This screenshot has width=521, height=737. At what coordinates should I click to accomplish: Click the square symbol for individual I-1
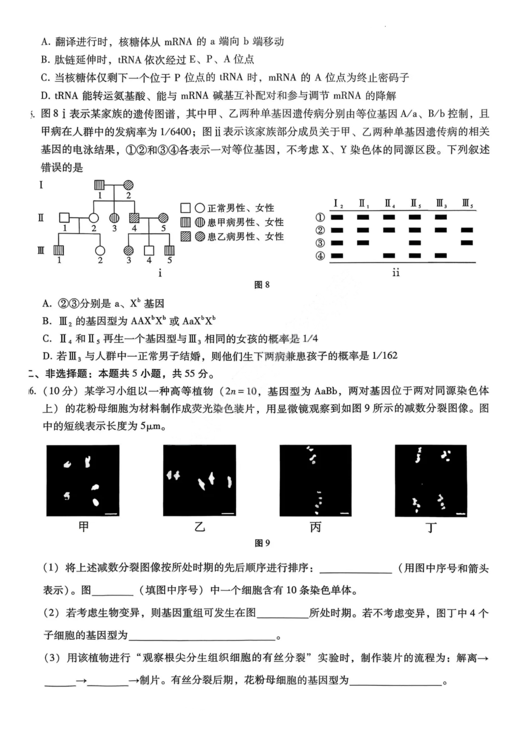99,185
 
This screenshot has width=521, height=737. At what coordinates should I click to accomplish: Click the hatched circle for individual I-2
129,185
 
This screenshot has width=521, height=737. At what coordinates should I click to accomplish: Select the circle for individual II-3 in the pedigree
114,218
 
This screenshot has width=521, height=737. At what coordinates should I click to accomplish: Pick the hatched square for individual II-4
134,218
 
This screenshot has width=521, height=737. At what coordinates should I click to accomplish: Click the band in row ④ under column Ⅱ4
389,256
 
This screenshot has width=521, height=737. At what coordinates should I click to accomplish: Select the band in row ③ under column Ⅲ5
467,243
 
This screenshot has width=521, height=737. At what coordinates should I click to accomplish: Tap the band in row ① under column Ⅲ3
441,217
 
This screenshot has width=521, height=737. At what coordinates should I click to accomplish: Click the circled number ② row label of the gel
321,230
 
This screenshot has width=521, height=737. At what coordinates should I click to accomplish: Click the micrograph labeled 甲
83,481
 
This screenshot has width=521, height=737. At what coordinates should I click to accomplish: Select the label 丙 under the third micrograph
315,527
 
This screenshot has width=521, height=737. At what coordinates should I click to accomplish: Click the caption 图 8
261,285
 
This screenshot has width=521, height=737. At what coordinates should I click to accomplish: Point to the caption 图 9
262,543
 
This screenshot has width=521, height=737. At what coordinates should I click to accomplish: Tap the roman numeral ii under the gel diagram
396,273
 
